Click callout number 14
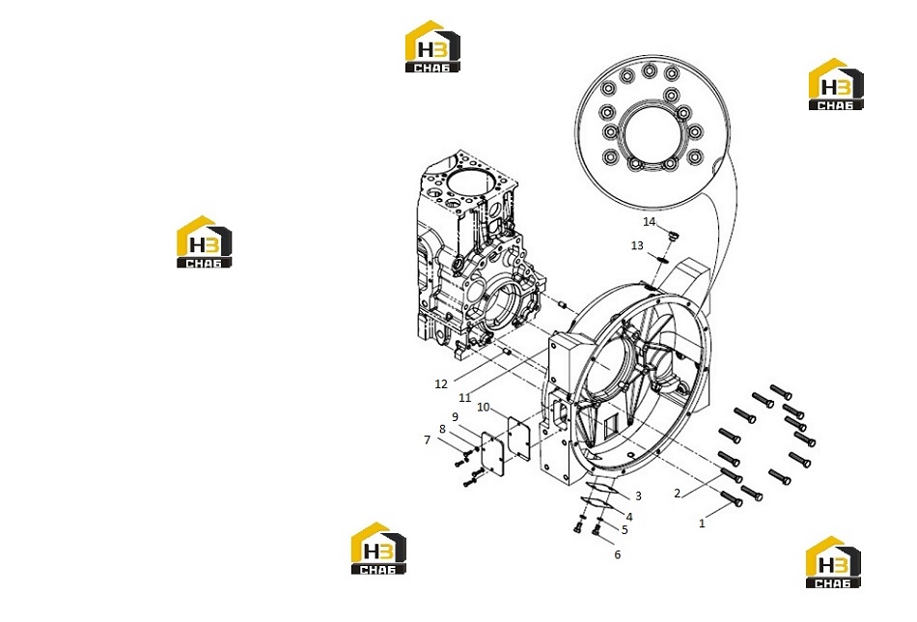(650, 222)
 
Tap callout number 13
(637, 245)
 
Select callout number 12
(441, 383)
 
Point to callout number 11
(465, 398)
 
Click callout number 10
(483, 408)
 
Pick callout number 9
(455, 418)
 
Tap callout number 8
(442, 429)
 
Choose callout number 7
(427, 440)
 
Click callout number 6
(618, 554)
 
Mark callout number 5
(625, 529)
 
